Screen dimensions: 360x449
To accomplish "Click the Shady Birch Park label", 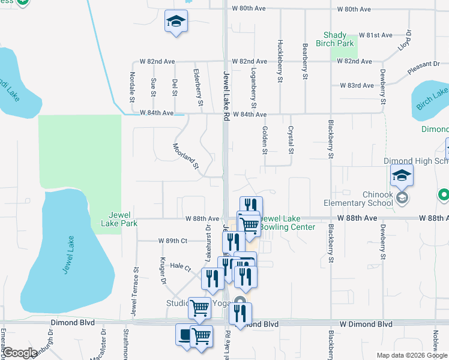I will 339,39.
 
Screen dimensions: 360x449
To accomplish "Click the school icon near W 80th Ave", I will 176,23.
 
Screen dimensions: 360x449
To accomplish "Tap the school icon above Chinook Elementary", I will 402,176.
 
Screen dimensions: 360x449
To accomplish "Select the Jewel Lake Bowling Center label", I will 287,223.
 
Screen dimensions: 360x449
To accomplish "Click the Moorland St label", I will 186,155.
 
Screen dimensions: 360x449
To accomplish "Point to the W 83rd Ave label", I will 357,86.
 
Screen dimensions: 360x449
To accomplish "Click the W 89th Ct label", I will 173,241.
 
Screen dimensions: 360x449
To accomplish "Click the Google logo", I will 20,353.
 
